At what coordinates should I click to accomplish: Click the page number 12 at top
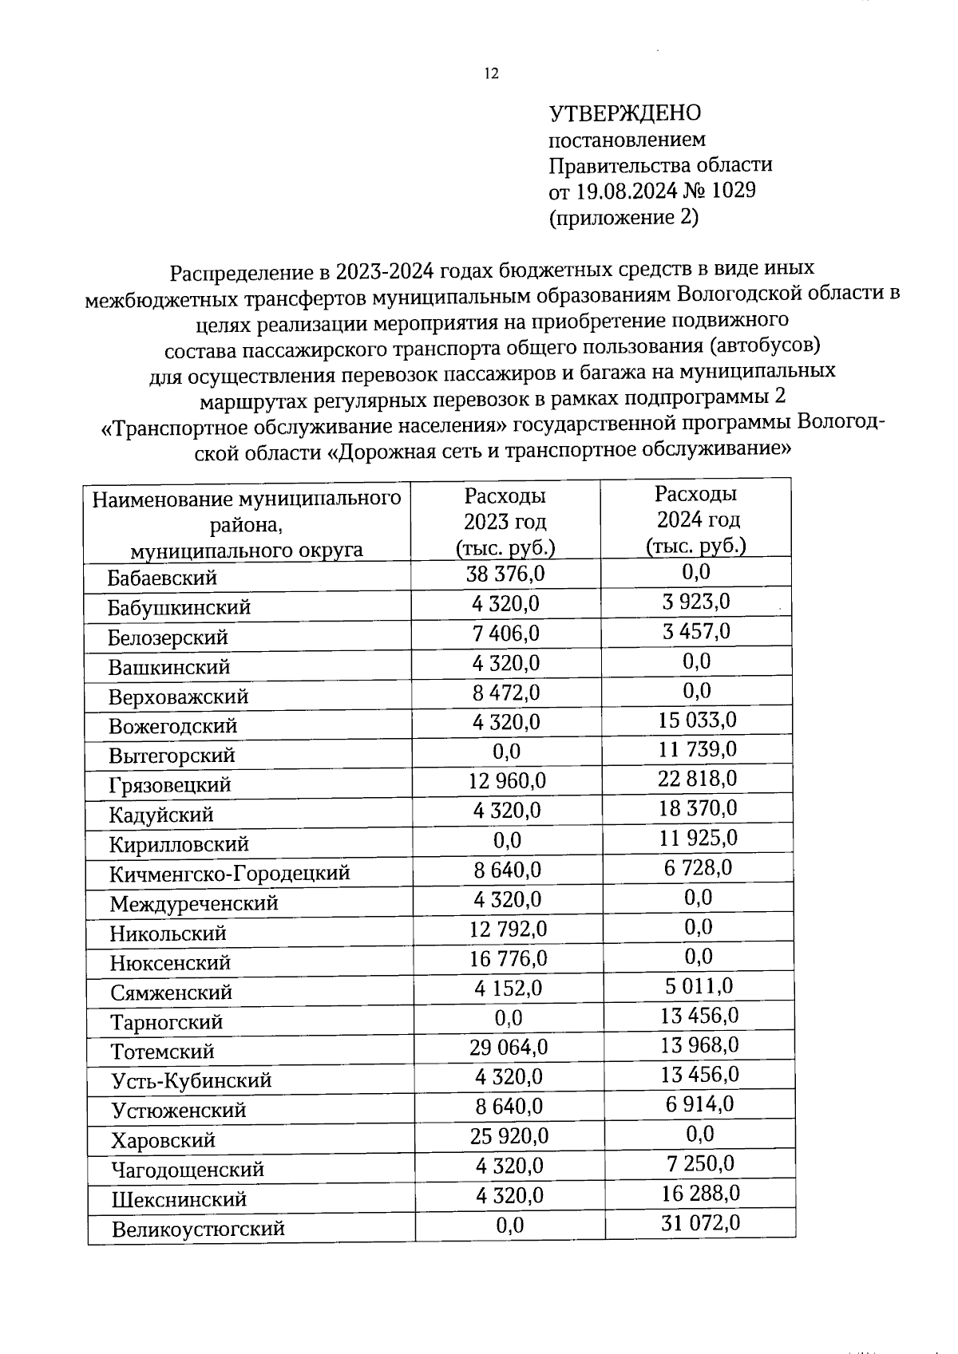pyautogui.click(x=491, y=74)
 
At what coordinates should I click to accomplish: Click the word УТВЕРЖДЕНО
pyautogui.click(x=624, y=113)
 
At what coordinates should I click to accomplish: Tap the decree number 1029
pyautogui.click(x=730, y=191)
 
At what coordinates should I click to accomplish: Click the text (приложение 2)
pyautogui.click(x=623, y=217)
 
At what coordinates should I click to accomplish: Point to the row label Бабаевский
pyautogui.click(x=162, y=578)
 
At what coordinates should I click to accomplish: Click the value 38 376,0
pyautogui.click(x=505, y=574)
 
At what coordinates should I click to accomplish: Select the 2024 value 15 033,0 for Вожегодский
pyautogui.click(x=697, y=720)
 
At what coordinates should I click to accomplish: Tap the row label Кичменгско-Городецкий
pyautogui.click(x=230, y=873)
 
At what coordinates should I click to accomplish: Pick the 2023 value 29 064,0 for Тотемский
pyautogui.click(x=509, y=1047)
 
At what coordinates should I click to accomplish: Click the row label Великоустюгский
pyautogui.click(x=198, y=1229)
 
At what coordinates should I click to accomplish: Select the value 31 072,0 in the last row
pyautogui.click(x=700, y=1222)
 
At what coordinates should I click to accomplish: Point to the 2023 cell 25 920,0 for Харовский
pyautogui.click(x=509, y=1135)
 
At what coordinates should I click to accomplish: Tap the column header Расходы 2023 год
pyautogui.click(x=505, y=521)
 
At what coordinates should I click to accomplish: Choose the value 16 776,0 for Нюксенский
pyautogui.click(x=508, y=957)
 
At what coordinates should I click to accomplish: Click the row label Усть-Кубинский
pyautogui.click(x=192, y=1081)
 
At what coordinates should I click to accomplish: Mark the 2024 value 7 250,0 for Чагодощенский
pyautogui.click(x=700, y=1163)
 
